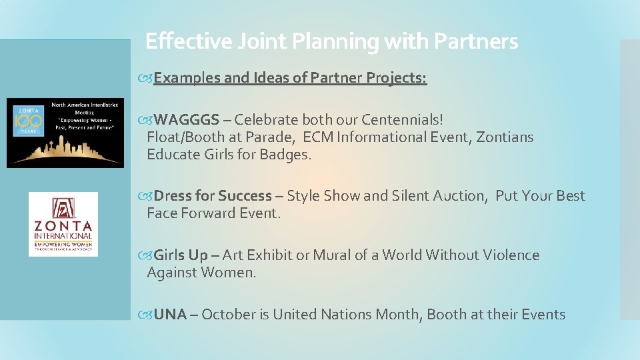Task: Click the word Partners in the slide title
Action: point(475,41)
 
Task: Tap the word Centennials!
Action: point(403,120)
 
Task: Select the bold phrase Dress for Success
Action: point(213,196)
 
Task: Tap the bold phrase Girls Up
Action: point(181,255)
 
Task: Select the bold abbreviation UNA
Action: point(170,315)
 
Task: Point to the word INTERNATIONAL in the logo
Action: point(63,235)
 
